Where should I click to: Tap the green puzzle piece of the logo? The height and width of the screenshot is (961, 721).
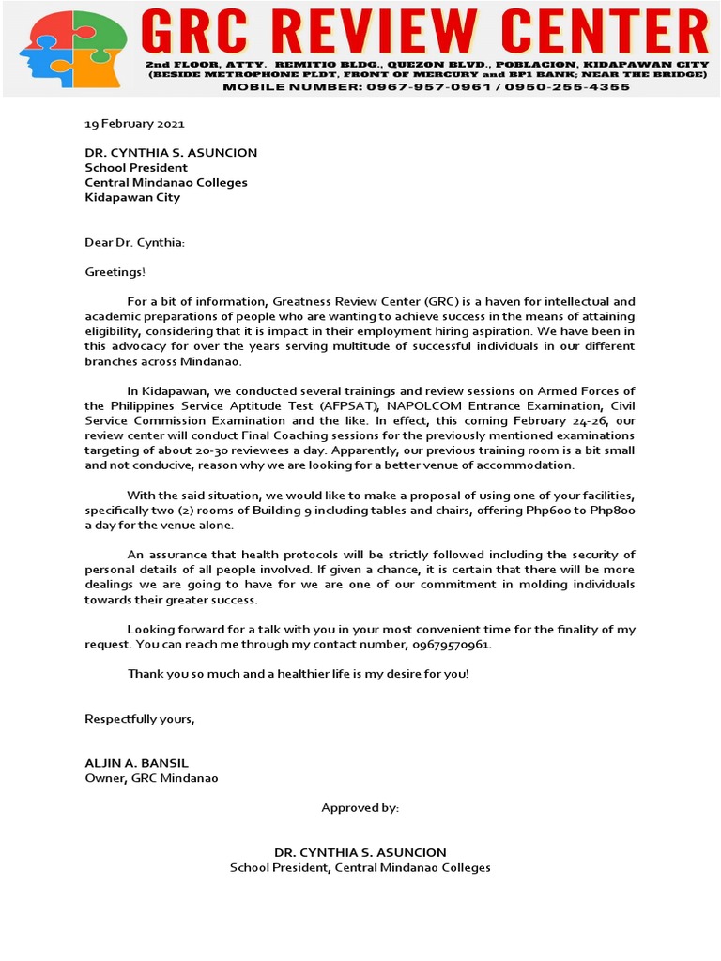[x=103, y=33]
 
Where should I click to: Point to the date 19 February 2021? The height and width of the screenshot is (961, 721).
[x=134, y=124]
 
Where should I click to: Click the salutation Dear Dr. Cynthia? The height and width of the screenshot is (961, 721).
[x=134, y=243]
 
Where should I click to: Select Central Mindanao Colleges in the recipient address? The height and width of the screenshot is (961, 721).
[x=166, y=182]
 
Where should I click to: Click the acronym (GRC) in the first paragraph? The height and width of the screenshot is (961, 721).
[x=445, y=302]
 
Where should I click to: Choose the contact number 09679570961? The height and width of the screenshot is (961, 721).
[x=451, y=646]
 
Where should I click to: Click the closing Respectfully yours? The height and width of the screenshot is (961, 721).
[x=140, y=719]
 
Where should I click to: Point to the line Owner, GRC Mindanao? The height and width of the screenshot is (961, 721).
[x=151, y=778]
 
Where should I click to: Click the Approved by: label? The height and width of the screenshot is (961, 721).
[x=360, y=807]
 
